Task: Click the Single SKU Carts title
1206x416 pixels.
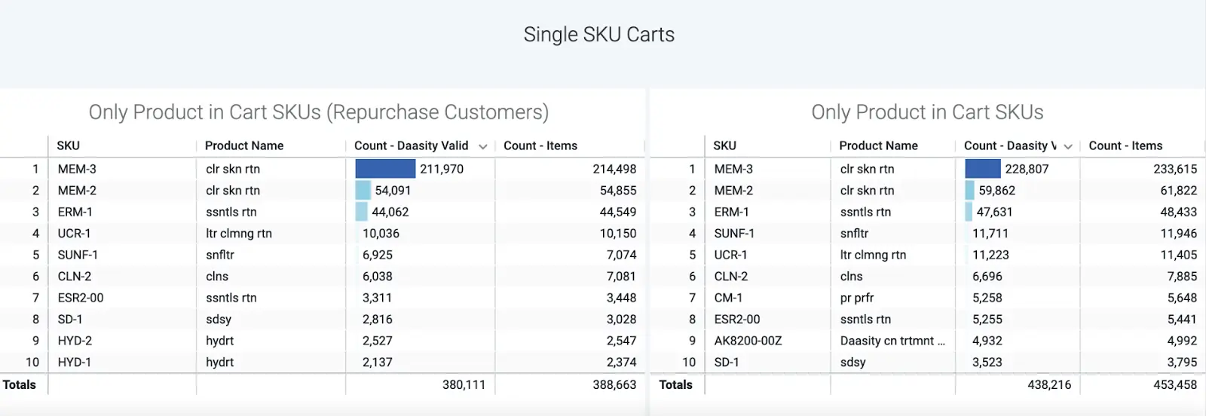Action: click(598, 35)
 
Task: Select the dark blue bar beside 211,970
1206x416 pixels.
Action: click(385, 169)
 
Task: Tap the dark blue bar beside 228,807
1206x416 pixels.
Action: click(982, 169)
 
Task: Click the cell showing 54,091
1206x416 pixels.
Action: click(393, 191)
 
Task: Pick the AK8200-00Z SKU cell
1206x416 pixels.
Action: click(748, 341)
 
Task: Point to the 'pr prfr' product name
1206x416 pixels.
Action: click(857, 298)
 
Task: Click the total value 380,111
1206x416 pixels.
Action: click(464, 384)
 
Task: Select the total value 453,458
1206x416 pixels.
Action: click(1174, 384)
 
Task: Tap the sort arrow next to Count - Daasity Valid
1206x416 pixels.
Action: click(482, 146)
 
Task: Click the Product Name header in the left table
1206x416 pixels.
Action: click(244, 145)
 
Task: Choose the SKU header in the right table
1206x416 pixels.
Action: click(724, 145)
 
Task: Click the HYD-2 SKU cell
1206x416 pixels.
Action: click(75, 341)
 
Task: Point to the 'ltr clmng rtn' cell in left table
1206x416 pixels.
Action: click(239, 234)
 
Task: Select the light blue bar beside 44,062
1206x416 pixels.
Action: click(361, 212)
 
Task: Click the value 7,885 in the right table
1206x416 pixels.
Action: click(1182, 277)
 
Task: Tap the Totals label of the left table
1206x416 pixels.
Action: click(19, 384)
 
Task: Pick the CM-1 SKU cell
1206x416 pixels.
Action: click(728, 298)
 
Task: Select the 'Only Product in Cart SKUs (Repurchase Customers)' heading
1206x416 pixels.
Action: click(318, 112)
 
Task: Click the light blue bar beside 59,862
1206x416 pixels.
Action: click(969, 191)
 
